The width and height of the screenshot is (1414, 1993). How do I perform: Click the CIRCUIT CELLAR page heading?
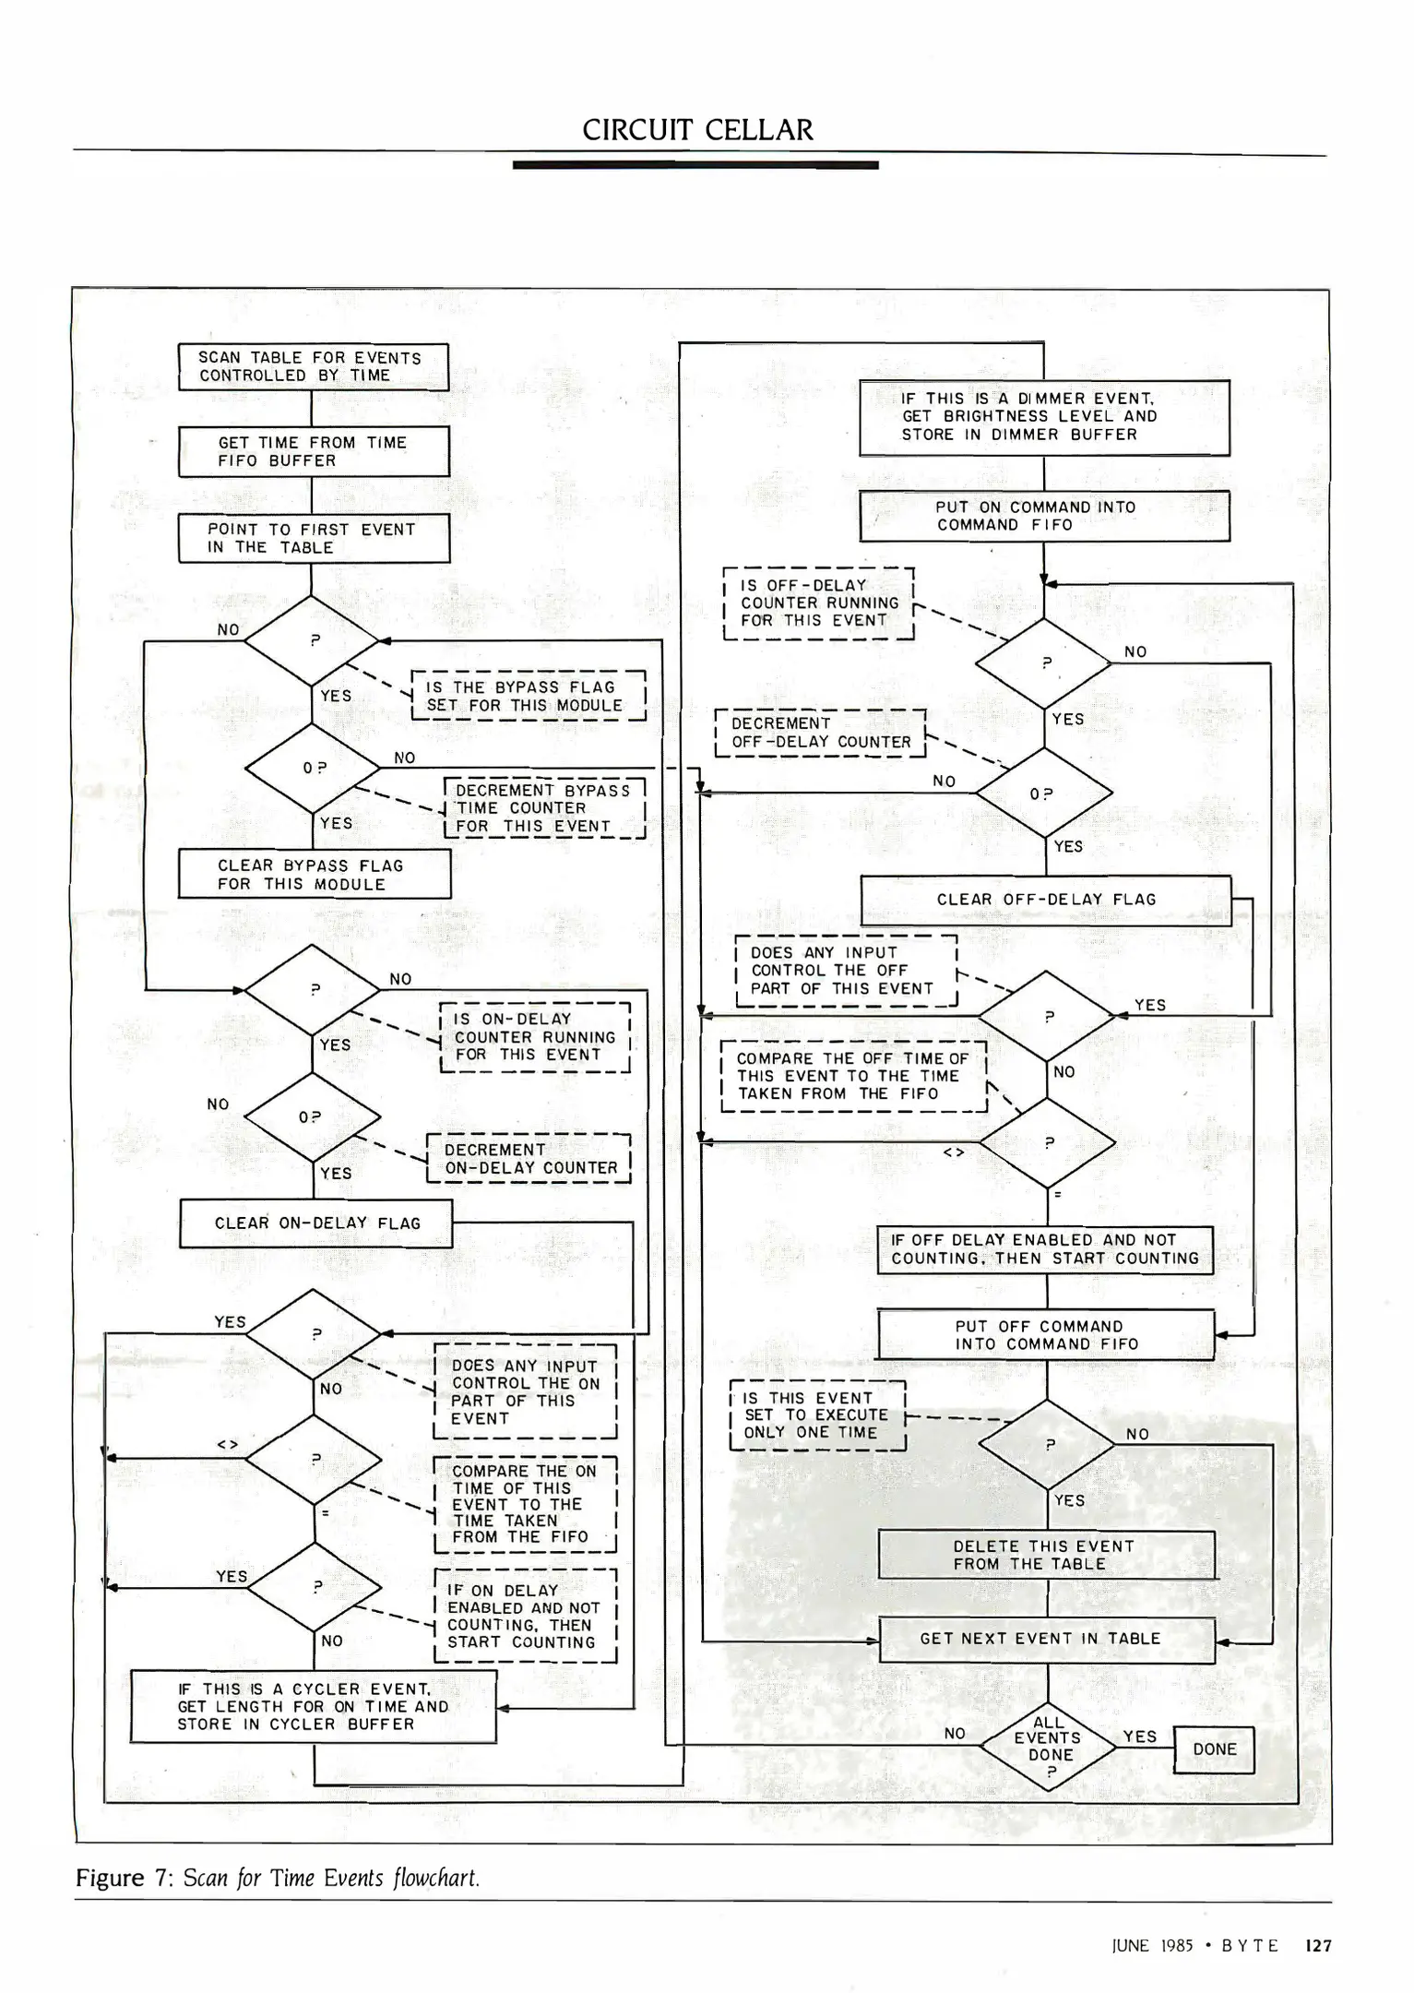697,130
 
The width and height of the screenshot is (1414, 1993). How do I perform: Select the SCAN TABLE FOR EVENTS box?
313,367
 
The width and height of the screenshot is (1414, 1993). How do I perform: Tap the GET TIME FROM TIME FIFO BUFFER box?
313,451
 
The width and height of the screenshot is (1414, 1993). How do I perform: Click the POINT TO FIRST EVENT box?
313,538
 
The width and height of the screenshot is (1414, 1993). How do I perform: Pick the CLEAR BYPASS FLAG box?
314,874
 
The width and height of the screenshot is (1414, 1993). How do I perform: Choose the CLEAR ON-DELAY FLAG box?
315,1223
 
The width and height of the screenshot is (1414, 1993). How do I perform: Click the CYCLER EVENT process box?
313,1707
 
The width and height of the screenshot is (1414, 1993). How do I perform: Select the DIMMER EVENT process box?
1043,417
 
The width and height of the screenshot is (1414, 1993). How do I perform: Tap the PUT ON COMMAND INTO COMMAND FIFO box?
1043,516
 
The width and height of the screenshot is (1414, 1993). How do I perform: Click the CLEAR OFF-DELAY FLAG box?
1045,900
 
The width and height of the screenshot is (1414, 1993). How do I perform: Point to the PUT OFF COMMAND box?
1045,1335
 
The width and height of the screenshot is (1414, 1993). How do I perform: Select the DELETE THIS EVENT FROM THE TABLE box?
1045,1555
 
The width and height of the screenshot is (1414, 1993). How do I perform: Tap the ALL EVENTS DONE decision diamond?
1048,1747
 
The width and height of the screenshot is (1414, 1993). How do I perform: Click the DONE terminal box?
1213,1749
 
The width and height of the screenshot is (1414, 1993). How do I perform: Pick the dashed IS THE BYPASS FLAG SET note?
528,697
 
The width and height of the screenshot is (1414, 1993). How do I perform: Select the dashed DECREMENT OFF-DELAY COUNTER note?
820,733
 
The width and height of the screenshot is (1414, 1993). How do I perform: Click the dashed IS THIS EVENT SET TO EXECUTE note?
817,1415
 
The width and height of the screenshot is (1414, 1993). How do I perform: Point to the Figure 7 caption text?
277,1878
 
